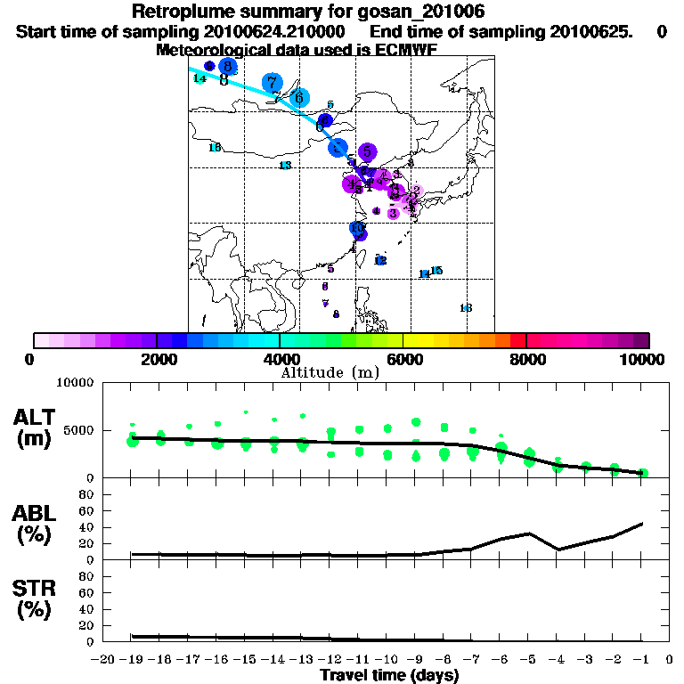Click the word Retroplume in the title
177,12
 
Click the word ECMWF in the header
404,50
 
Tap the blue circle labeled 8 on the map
228,66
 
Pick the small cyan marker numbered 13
285,166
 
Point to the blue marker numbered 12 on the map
380,260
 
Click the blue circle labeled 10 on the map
356,229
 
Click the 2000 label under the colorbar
157,359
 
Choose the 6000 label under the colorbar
403,359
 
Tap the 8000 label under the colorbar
526,359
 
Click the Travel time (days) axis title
389,676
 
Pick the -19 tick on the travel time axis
131,660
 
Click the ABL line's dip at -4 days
558,550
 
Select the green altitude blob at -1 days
642,473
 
